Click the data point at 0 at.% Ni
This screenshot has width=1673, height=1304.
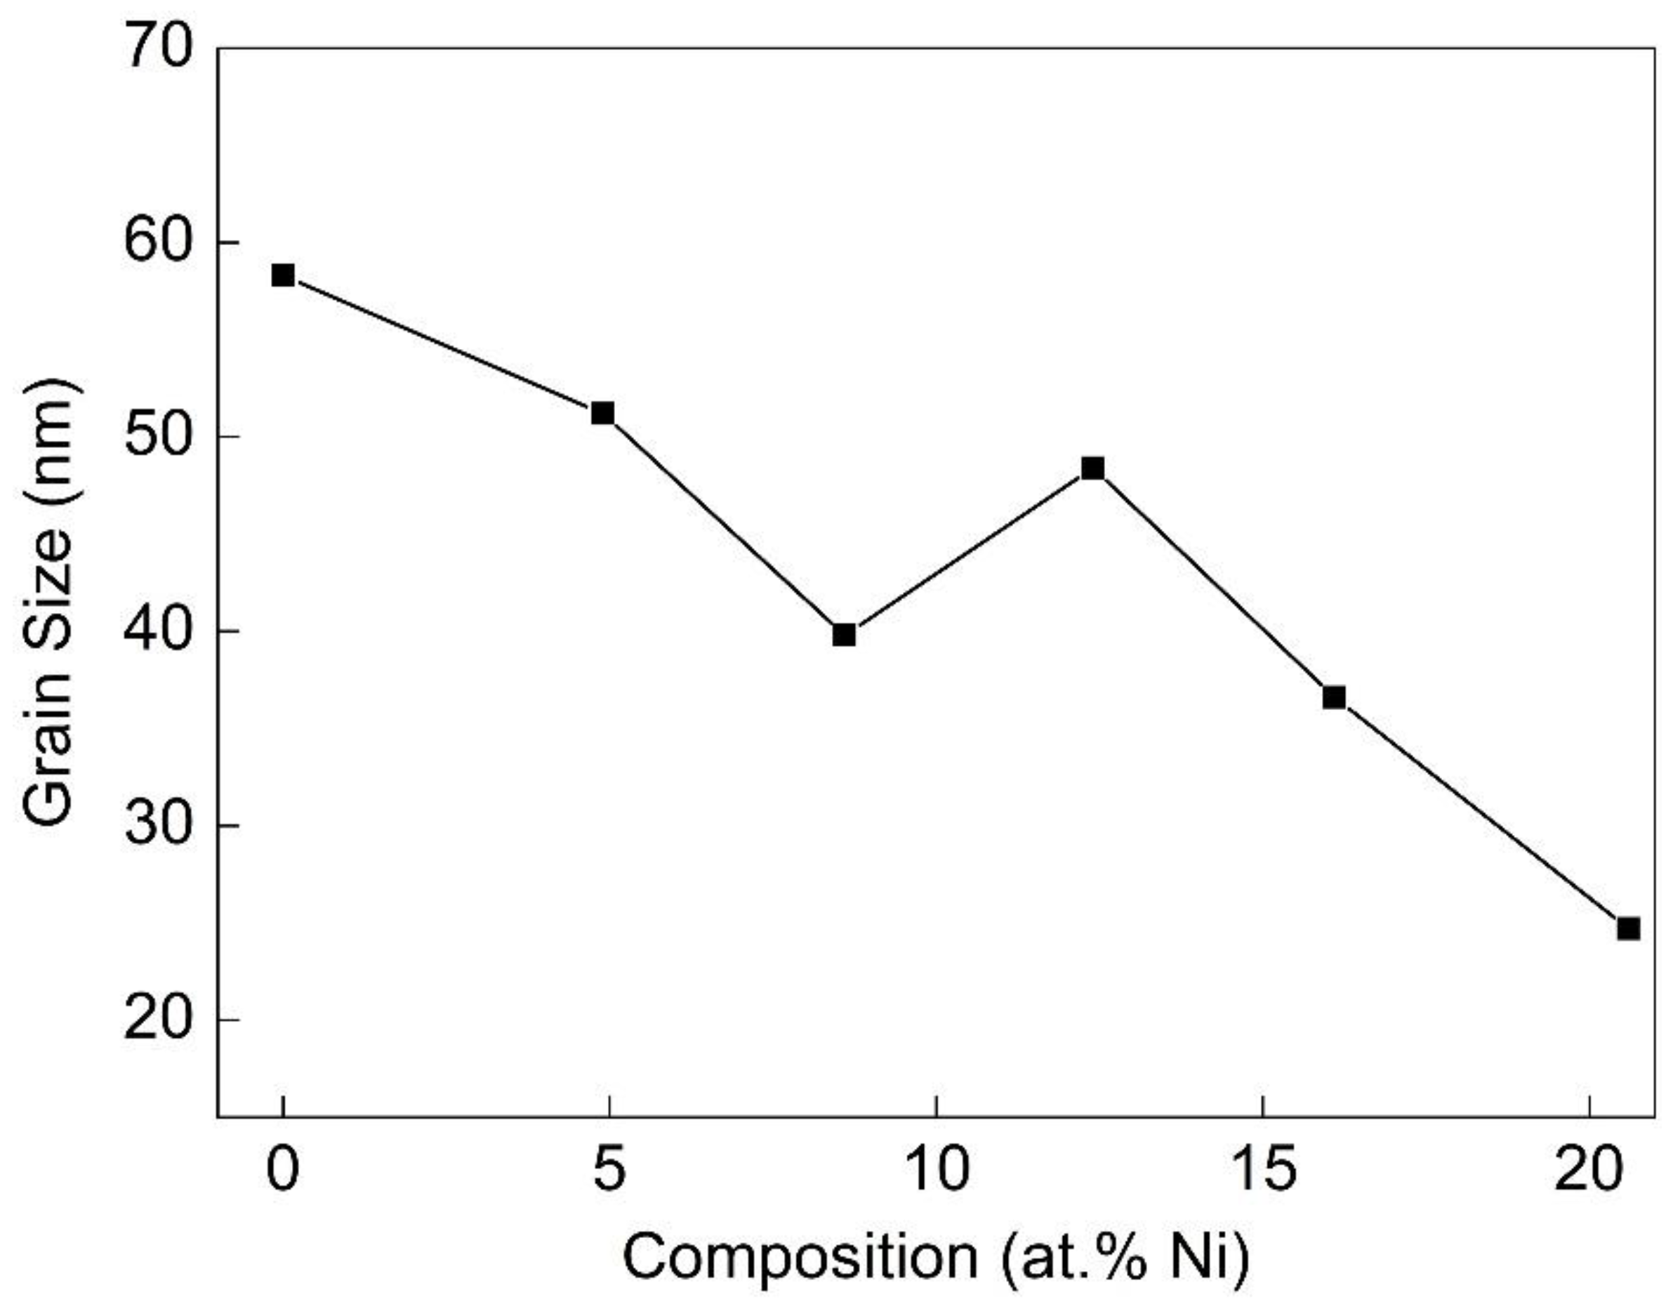tap(283, 275)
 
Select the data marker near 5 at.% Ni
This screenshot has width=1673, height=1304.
tap(603, 414)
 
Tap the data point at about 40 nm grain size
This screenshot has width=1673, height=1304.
tap(844, 635)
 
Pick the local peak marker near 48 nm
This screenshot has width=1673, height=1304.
tap(1093, 468)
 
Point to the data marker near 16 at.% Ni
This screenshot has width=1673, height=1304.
tap(1335, 697)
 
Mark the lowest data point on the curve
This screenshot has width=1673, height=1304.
tap(1629, 928)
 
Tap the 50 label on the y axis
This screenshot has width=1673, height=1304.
tap(157, 437)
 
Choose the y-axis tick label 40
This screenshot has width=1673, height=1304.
tap(157, 632)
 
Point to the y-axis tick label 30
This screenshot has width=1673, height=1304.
tap(157, 826)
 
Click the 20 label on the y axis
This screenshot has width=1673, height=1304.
tap(157, 1020)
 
